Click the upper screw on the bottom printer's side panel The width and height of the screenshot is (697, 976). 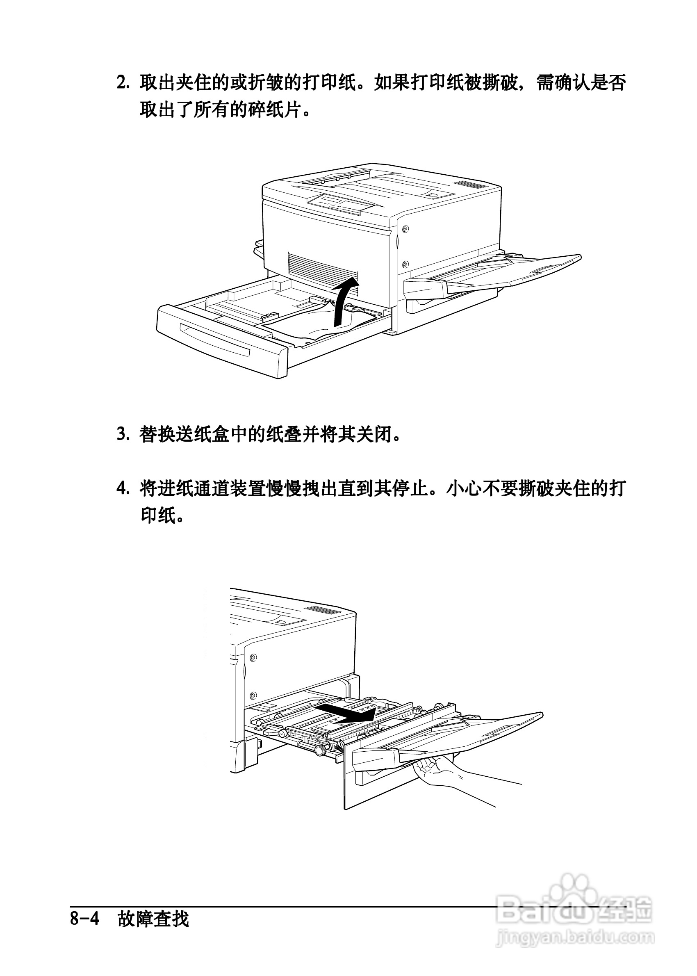coord(253,657)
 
